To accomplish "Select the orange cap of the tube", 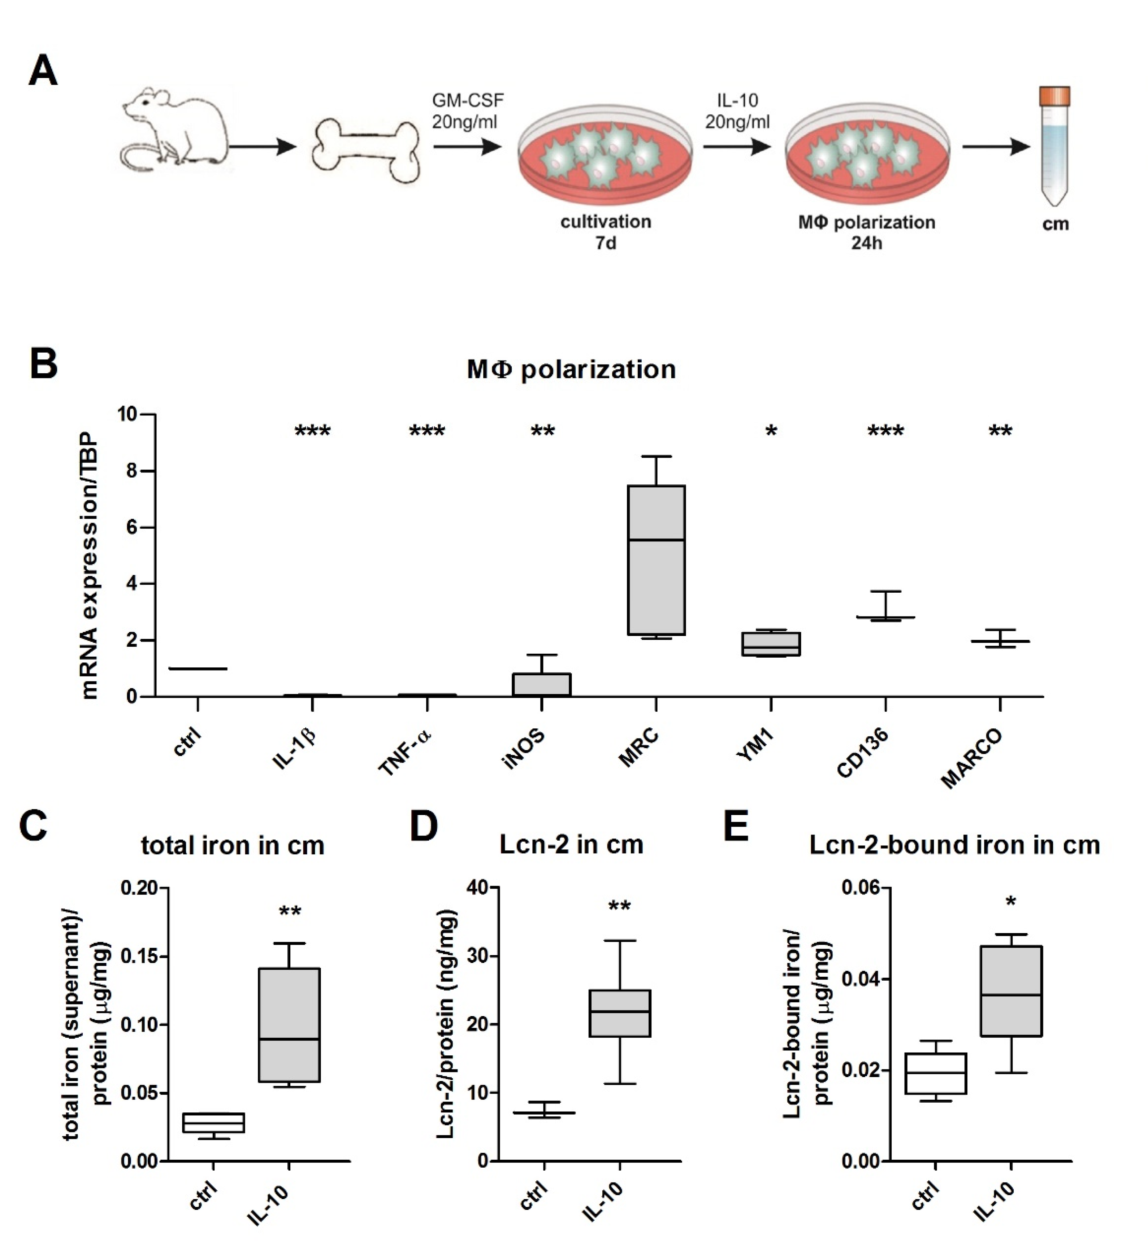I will pos(1054,96).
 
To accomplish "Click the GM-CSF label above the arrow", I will pos(468,100).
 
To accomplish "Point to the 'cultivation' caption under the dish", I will pos(606,222).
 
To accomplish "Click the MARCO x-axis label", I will pos(972,759).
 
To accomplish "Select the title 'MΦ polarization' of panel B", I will pos(571,370).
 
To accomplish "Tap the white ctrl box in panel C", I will pos(213,1123).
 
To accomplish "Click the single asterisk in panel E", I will pos(1011,902).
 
